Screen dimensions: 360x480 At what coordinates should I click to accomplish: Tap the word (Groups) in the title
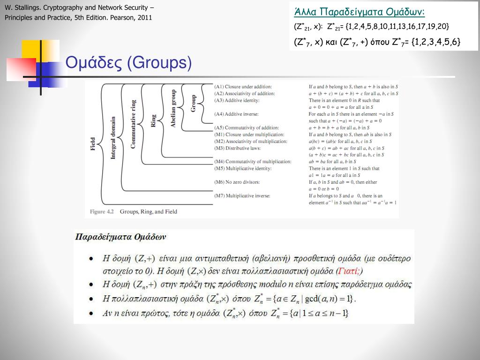(x=159, y=63)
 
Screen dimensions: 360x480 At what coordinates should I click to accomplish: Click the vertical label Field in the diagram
(x=93, y=143)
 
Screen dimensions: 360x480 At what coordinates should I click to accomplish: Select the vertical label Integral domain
(x=113, y=138)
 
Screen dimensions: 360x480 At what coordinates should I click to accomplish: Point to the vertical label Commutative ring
(x=133, y=124)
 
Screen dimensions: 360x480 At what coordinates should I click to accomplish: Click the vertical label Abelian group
(x=173, y=109)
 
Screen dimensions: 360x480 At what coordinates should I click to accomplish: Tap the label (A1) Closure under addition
(x=243, y=87)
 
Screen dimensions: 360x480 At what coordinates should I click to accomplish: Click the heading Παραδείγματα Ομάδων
(x=120, y=237)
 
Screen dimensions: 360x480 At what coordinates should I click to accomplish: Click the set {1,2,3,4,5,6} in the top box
(x=435, y=42)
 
